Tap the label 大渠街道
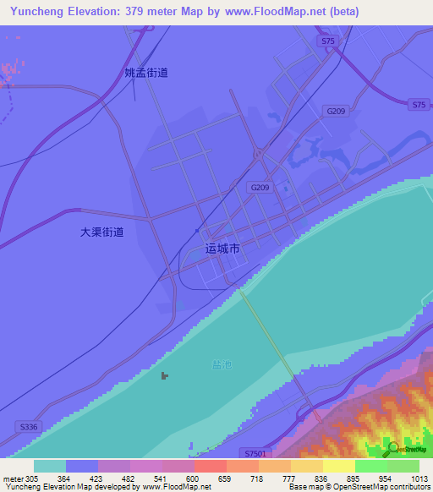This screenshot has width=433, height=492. point(102,231)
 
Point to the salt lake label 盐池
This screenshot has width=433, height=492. point(220,364)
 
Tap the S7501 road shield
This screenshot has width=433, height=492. point(251,452)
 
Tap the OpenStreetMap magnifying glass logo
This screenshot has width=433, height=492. point(392,447)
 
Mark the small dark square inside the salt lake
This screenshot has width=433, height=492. point(165,375)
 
